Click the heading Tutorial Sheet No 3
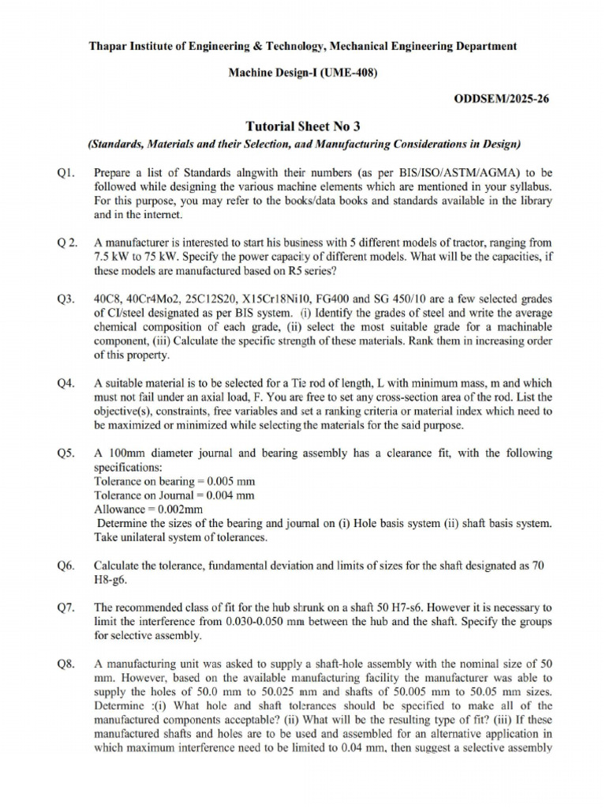tap(303, 126)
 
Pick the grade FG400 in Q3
tap(347, 299)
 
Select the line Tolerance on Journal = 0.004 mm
tap(174, 496)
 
